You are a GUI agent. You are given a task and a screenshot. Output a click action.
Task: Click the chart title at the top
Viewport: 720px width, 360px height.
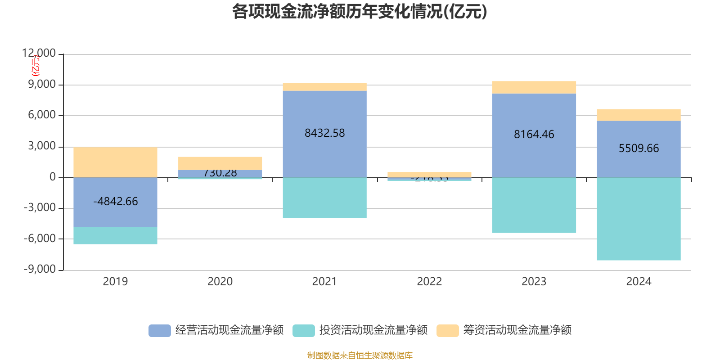360,12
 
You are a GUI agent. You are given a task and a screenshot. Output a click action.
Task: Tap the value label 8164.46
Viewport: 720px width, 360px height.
534,134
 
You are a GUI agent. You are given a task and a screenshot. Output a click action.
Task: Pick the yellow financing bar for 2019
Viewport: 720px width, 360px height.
115,162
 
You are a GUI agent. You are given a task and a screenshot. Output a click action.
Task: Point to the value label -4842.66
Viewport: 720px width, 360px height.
115,201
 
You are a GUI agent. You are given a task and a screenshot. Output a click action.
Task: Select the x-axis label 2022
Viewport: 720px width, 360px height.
429,282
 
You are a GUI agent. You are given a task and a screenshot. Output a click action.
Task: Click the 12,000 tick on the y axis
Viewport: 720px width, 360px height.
39,54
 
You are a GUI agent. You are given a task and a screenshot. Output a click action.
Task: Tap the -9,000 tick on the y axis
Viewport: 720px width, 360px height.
40,269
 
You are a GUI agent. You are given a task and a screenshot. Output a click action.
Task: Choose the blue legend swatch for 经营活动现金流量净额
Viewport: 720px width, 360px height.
160,330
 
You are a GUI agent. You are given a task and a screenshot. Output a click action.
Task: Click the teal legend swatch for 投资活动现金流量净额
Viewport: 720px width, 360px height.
304,330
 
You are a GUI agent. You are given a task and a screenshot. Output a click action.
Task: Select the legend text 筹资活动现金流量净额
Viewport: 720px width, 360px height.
517,330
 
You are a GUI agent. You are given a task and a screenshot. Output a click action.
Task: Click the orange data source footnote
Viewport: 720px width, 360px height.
360,355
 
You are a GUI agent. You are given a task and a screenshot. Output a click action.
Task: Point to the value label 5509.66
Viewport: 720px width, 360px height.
639,148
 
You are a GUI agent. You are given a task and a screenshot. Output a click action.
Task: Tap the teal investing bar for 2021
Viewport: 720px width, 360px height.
324,198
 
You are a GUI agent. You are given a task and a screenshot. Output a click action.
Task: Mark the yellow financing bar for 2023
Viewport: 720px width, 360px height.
534,87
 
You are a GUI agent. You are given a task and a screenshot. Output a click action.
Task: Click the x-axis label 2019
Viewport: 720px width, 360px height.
115,282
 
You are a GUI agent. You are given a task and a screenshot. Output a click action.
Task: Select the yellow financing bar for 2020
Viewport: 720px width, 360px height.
220,163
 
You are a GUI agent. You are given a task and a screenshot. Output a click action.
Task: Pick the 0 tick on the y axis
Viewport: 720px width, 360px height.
53,177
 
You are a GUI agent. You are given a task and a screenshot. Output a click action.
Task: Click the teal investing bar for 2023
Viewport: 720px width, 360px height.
534,205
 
